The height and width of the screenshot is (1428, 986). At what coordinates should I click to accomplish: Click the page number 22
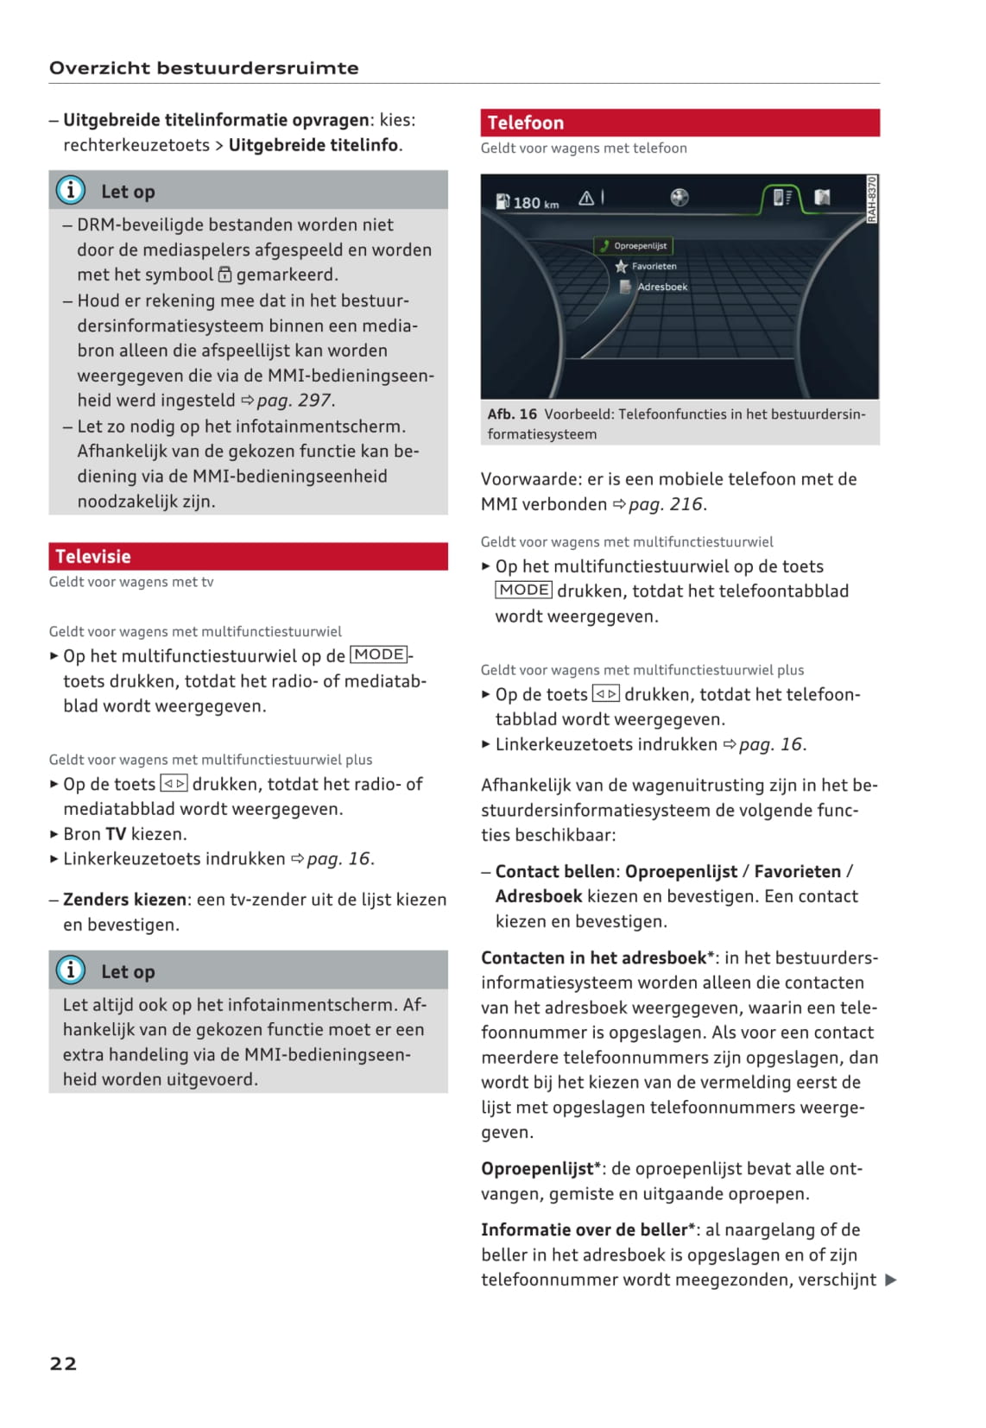click(x=63, y=1363)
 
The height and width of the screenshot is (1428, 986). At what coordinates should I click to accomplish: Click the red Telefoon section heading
click(x=525, y=123)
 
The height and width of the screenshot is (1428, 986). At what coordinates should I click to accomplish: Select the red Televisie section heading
click(x=93, y=557)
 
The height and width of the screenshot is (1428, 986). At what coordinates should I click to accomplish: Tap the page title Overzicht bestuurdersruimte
click(x=204, y=68)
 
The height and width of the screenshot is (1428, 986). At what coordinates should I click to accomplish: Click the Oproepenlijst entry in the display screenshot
click(x=639, y=246)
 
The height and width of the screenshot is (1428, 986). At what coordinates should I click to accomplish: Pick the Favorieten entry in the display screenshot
click(x=653, y=267)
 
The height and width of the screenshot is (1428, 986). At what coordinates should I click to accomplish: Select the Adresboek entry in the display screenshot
click(x=661, y=287)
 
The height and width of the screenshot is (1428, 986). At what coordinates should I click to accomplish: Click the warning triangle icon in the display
click(x=586, y=199)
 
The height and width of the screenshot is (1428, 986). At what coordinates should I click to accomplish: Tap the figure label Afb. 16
click(x=512, y=414)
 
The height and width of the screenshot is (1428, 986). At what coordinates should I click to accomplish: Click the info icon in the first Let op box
click(x=71, y=190)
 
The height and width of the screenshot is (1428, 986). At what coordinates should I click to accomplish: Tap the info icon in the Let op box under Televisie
click(x=71, y=970)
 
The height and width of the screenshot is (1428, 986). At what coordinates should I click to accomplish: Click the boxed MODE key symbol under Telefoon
click(x=523, y=591)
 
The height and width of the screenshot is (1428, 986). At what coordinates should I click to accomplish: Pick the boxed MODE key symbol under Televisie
click(x=378, y=654)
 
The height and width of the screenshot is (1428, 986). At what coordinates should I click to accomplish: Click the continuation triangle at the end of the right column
click(x=891, y=1280)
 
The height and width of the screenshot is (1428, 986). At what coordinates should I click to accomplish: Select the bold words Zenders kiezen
click(x=124, y=900)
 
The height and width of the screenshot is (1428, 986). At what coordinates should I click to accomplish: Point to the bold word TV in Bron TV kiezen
click(x=116, y=834)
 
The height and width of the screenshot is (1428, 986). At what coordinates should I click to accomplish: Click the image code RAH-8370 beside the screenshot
click(x=872, y=199)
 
